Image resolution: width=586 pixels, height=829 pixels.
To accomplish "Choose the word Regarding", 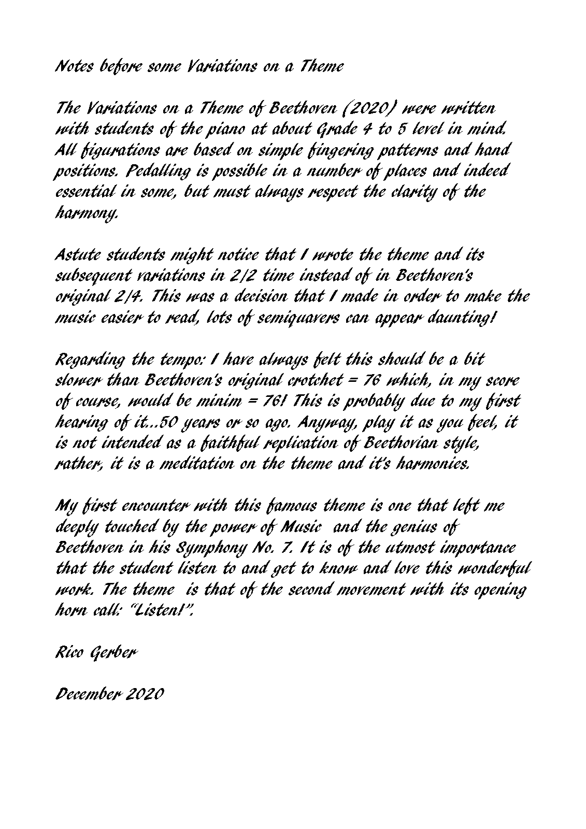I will coord(89,360).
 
